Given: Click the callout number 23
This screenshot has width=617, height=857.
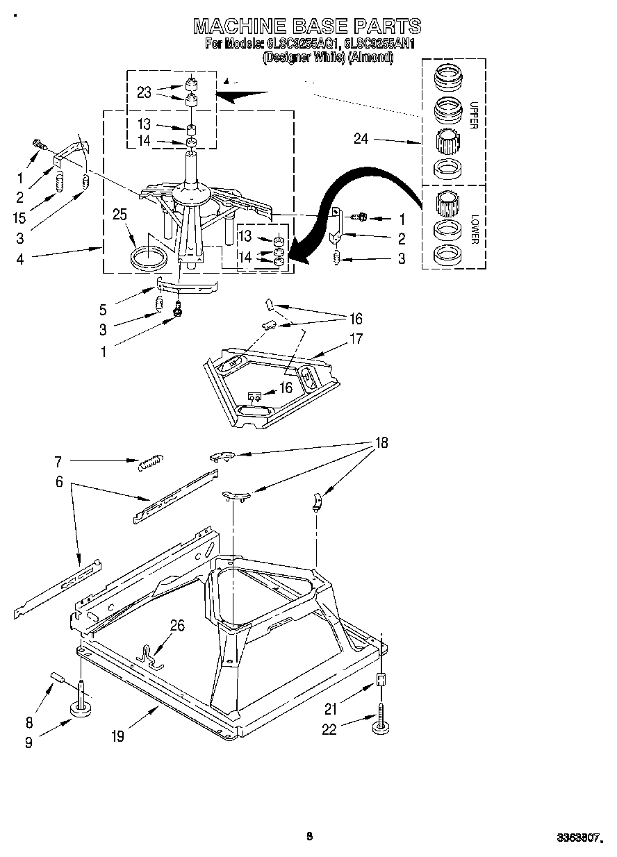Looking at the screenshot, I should coord(144,92).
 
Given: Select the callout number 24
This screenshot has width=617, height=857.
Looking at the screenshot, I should coord(361,139).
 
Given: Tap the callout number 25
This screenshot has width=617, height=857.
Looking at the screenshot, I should coord(120,215).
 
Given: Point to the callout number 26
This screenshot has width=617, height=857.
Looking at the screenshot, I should coord(177,626).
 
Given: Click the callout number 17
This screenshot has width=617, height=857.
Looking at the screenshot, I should coord(356,340).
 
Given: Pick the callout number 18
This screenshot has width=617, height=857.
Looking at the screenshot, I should coord(381,442).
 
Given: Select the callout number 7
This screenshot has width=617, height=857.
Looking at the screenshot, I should coord(58,460).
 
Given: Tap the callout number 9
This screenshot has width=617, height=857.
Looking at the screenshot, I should coord(28,742).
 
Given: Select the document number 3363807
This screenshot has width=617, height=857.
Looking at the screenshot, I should coord(576,838).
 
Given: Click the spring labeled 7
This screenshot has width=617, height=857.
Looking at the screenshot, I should coord(151,462).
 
